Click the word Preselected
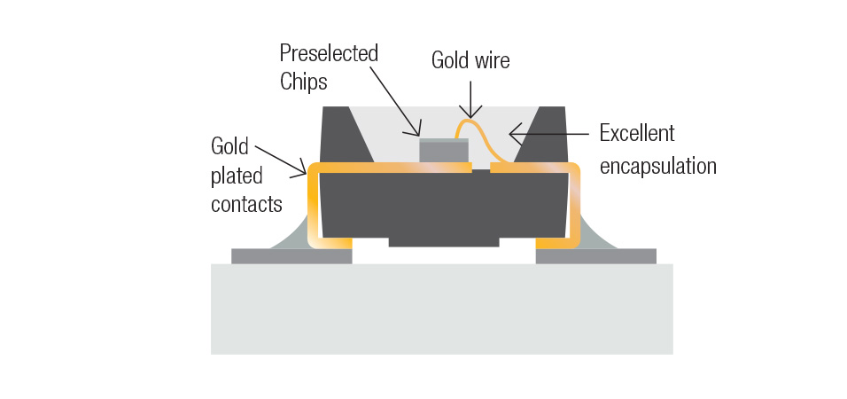point(329,53)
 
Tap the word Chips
point(304,82)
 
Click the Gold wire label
point(470,60)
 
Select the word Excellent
point(637,134)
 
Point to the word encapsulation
point(658,166)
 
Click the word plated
point(237,175)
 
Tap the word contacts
point(246,204)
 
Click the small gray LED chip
point(444,151)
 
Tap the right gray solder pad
point(595,256)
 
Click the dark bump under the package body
point(443,241)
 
